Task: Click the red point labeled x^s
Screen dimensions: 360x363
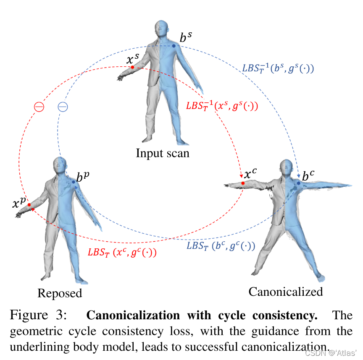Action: (132, 67)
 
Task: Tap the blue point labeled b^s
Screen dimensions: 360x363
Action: (174, 46)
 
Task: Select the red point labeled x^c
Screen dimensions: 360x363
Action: (243, 183)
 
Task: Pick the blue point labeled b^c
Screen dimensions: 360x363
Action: (299, 183)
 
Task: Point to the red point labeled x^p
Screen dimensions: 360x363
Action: (30, 205)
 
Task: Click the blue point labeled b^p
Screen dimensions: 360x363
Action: (74, 182)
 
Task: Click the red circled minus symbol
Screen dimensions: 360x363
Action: (39, 107)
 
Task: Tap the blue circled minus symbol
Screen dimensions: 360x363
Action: (63, 107)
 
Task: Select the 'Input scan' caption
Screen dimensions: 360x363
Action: (163, 153)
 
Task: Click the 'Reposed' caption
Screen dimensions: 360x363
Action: (60, 293)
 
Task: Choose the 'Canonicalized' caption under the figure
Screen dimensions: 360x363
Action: (286, 291)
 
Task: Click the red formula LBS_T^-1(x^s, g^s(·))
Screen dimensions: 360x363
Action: (221, 106)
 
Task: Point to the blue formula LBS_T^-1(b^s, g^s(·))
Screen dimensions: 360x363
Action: (279, 68)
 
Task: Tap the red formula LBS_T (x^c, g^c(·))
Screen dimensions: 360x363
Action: (122, 252)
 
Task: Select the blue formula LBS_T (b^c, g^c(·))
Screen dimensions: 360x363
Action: (221, 246)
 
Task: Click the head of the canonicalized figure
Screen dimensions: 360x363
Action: (285, 170)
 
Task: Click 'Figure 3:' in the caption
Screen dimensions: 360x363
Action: (37, 316)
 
